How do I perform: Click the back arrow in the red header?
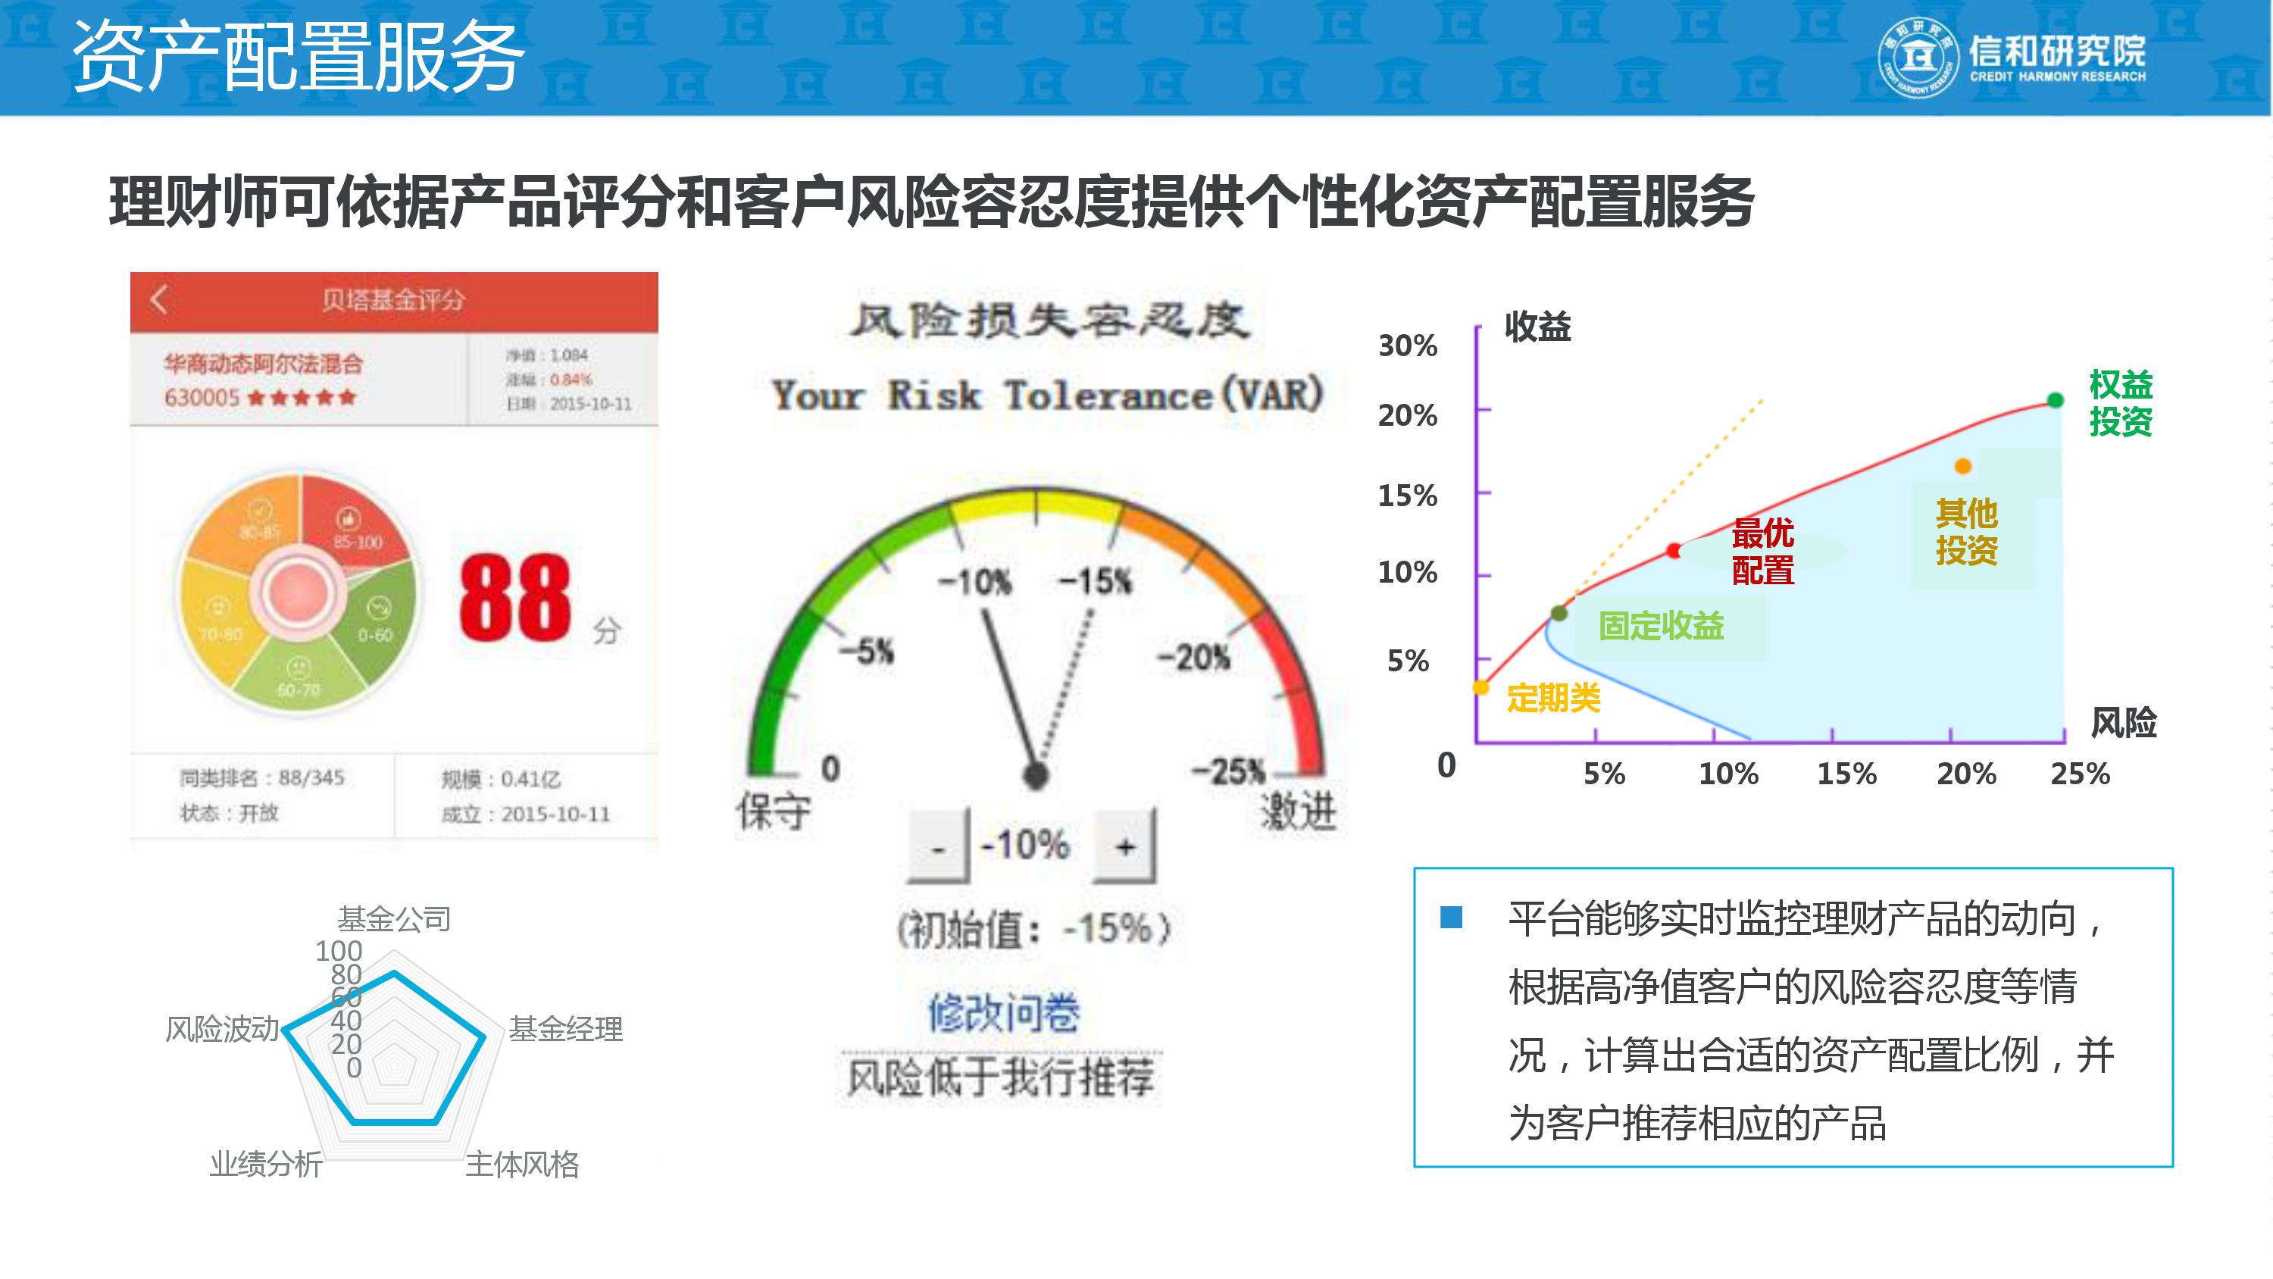coord(159,300)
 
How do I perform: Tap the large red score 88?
coord(514,598)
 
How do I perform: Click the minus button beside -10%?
coord(938,847)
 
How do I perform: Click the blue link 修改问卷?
coord(1003,1012)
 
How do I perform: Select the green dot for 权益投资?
coord(2055,401)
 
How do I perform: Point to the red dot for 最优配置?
coord(1674,551)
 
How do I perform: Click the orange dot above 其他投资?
coord(1962,466)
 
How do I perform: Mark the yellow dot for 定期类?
coord(1481,687)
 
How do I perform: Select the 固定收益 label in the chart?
coord(1661,626)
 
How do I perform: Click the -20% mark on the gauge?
coord(1194,658)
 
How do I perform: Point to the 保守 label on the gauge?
coord(774,810)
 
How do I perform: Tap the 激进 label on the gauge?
coord(1298,810)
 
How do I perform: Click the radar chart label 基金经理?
coord(566,1029)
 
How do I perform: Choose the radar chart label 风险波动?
coord(221,1029)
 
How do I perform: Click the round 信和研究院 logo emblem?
coord(1918,58)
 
